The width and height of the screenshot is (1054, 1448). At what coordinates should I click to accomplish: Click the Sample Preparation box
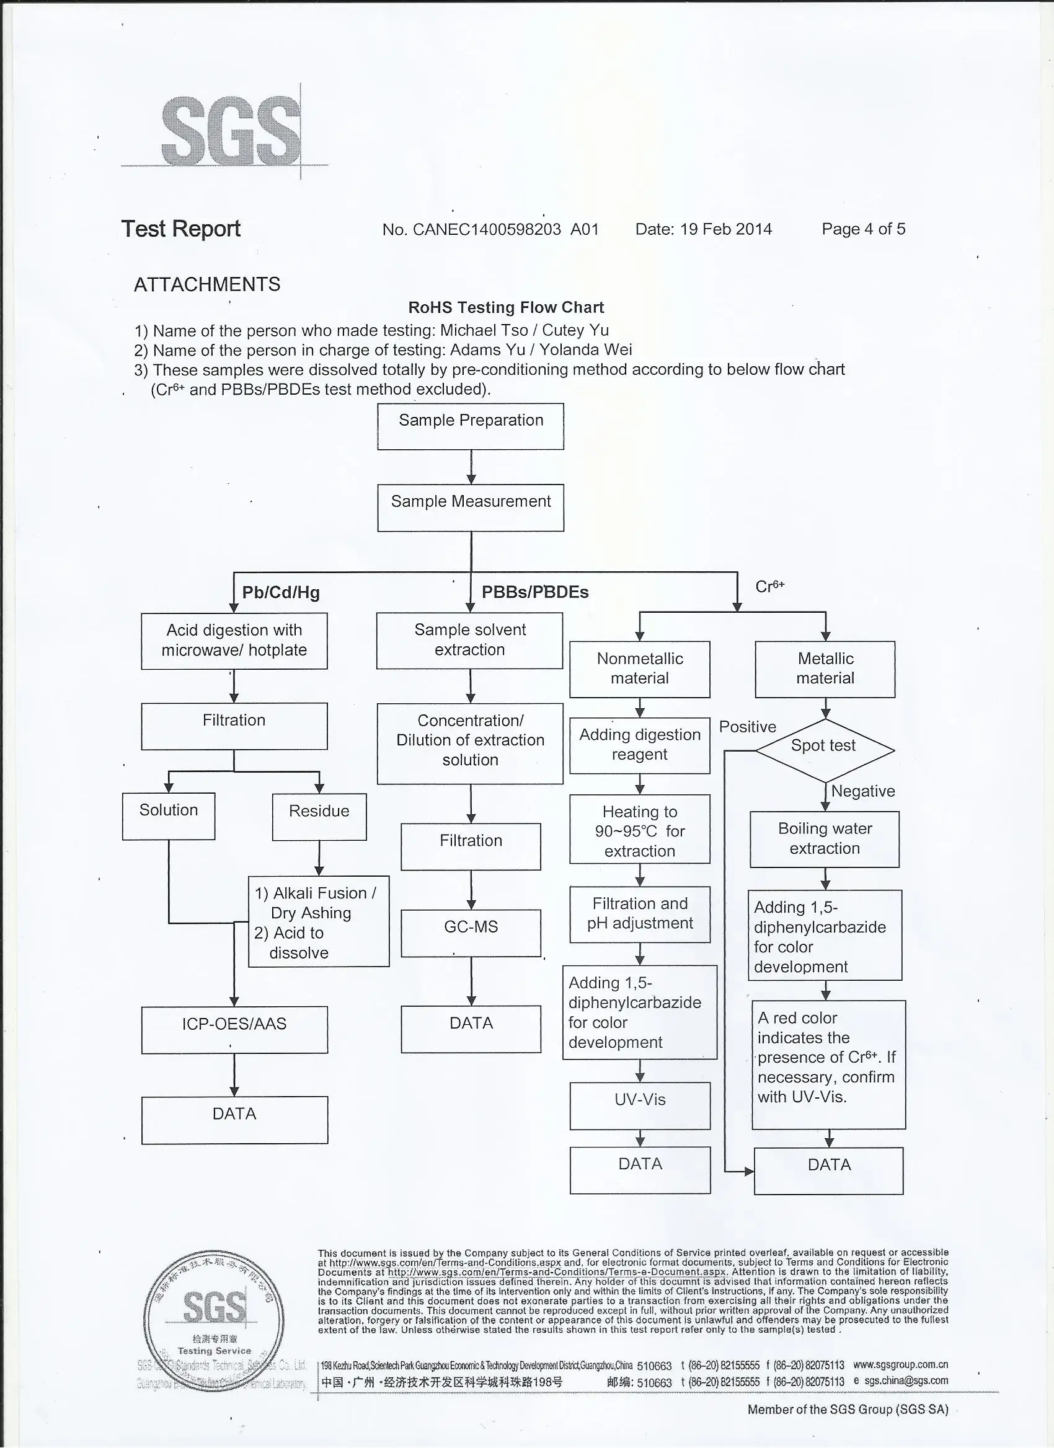click(x=470, y=426)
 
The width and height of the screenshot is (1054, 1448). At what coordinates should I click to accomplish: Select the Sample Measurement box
click(x=470, y=507)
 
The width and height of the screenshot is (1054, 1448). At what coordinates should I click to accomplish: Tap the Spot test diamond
click(x=824, y=750)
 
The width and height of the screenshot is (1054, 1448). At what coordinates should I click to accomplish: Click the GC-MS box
click(x=471, y=932)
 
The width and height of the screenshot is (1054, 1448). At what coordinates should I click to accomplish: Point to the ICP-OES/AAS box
click(x=234, y=1029)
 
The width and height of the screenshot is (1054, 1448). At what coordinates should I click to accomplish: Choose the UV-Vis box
click(x=640, y=1105)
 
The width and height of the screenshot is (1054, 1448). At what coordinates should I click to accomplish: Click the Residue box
click(x=319, y=817)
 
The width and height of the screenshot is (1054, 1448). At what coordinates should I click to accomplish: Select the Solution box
click(x=169, y=816)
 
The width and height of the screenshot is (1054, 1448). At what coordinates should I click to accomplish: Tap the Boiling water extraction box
click(x=825, y=839)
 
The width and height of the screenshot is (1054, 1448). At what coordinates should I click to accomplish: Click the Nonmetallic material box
click(x=639, y=669)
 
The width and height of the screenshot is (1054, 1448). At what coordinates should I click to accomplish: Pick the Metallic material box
click(x=825, y=669)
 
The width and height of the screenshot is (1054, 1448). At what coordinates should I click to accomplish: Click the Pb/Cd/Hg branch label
click(x=280, y=592)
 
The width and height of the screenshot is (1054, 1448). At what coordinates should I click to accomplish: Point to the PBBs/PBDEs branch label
click(x=534, y=592)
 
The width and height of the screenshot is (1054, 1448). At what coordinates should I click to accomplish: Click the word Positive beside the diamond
click(x=747, y=727)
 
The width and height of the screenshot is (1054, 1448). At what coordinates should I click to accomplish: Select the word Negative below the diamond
click(x=862, y=791)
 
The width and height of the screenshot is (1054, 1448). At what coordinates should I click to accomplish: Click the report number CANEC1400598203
click(x=487, y=229)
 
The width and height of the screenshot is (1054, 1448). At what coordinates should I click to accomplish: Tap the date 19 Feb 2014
click(x=725, y=229)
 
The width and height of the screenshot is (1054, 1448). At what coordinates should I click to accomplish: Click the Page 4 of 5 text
click(x=863, y=229)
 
